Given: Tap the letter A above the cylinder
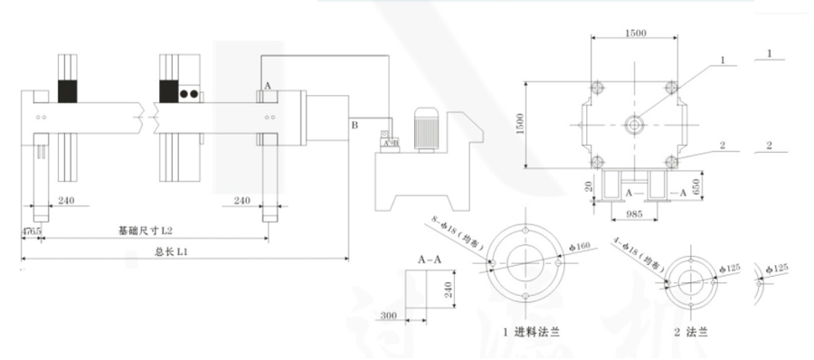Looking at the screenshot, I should (x=267, y=84).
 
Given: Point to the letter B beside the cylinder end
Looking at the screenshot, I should (x=355, y=123).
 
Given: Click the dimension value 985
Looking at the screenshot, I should (x=633, y=215).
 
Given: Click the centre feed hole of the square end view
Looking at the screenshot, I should (x=633, y=123).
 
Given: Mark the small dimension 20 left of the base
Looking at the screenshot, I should (x=589, y=186).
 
